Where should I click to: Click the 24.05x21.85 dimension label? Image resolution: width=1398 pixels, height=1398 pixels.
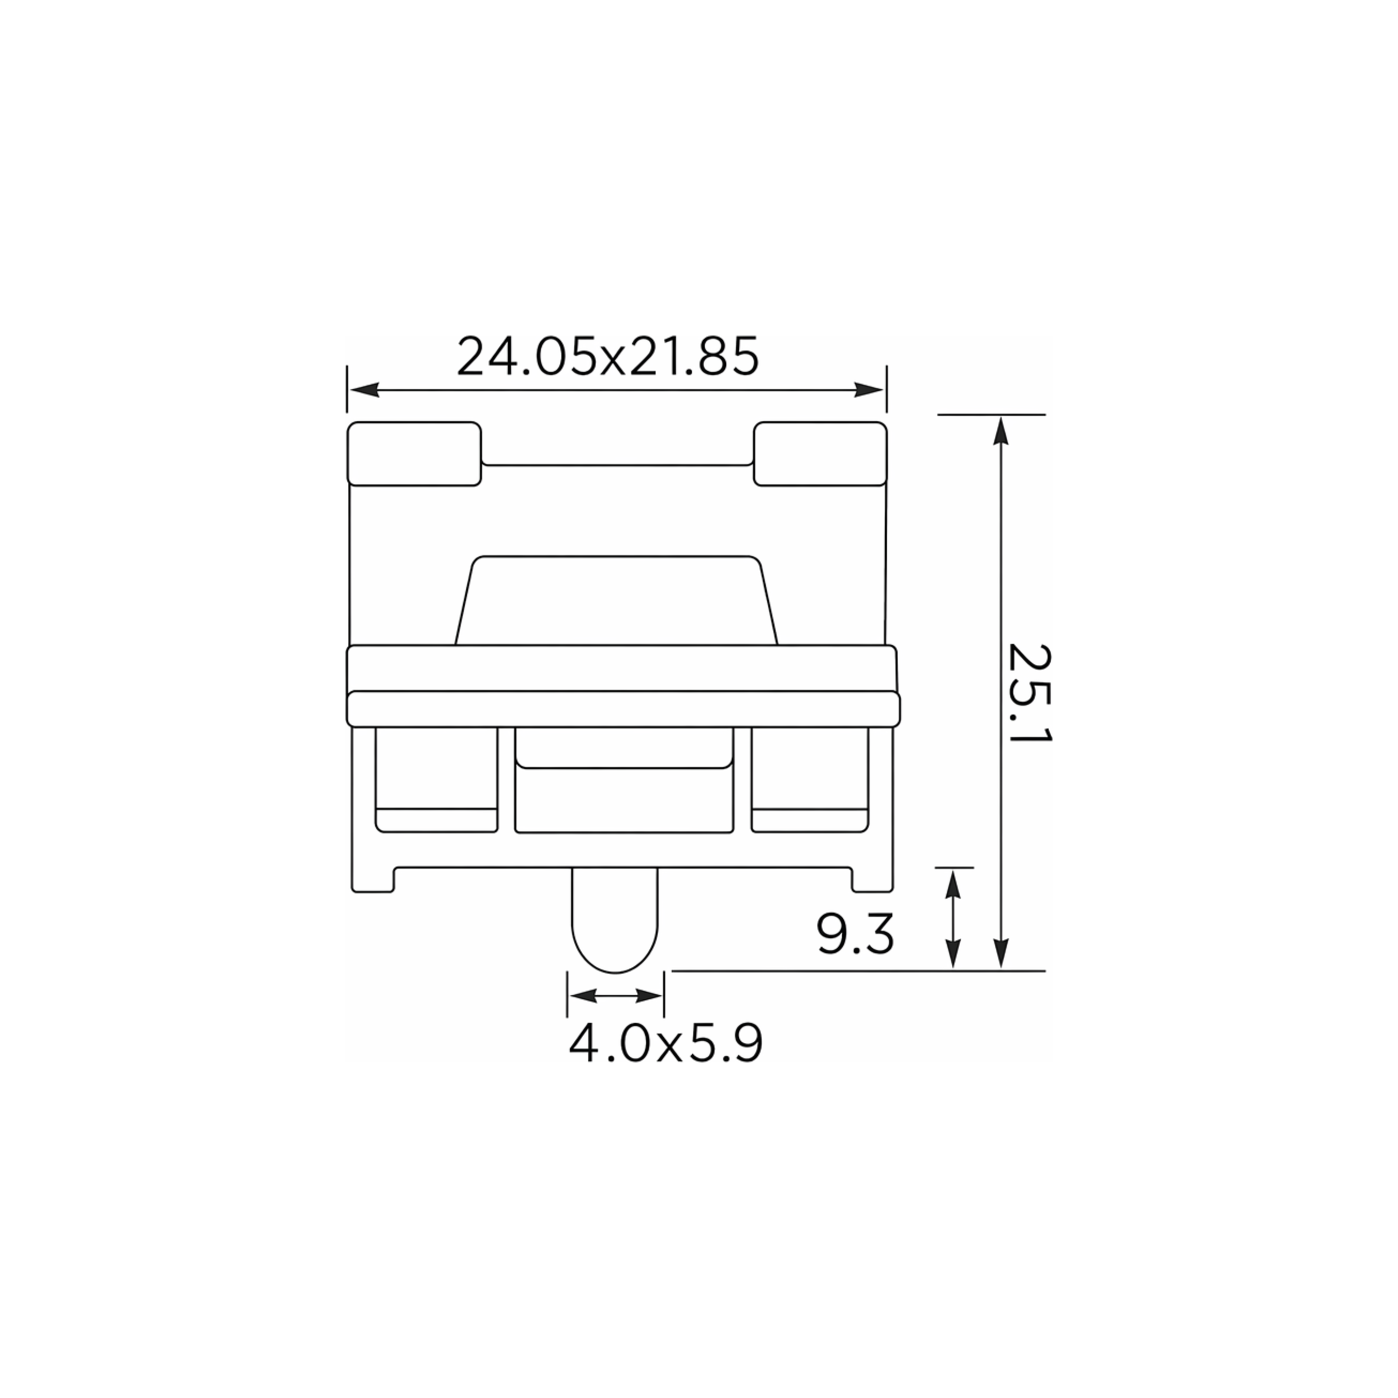608,356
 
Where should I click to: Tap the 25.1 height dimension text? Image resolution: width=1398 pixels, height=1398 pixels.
1029,693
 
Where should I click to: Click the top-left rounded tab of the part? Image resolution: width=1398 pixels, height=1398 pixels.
414,454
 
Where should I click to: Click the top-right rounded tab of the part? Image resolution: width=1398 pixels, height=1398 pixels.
820,454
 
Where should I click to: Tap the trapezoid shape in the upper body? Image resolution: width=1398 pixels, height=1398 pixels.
616,600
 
